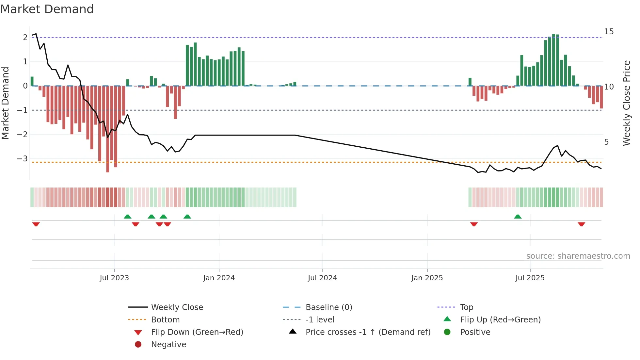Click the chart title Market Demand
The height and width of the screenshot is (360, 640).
pyautogui.click(x=47, y=9)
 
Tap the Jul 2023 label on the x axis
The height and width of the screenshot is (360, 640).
pyautogui.click(x=114, y=278)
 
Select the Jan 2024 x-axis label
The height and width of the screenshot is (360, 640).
pyautogui.click(x=219, y=278)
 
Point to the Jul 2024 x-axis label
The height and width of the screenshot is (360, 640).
pyautogui.click(x=322, y=278)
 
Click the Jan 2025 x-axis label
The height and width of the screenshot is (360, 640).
pyautogui.click(x=427, y=278)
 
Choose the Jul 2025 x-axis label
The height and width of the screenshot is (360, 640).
pyautogui.click(x=530, y=278)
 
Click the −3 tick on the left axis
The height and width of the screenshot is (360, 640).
pyautogui.click(x=23, y=159)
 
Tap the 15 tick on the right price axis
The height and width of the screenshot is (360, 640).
pyautogui.click(x=609, y=32)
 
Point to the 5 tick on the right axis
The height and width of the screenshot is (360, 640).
pyautogui.click(x=606, y=142)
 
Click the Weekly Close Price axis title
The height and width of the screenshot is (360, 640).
pyautogui.click(x=626, y=103)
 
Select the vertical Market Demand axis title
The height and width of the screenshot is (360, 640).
pyautogui.click(x=5, y=103)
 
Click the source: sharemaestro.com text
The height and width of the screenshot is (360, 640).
pyautogui.click(x=578, y=256)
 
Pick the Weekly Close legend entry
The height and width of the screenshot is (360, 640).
pyautogui.click(x=177, y=307)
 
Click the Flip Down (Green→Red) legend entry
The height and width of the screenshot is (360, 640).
pyautogui.click(x=197, y=332)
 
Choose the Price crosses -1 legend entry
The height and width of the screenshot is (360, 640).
pyautogui.click(x=368, y=332)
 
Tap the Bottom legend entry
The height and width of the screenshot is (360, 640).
pyautogui.click(x=165, y=320)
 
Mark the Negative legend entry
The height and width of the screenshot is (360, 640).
pyautogui.click(x=168, y=345)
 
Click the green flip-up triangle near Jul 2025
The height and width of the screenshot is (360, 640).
pyautogui.click(x=518, y=217)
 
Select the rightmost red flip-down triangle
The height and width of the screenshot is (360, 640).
pyautogui.click(x=581, y=224)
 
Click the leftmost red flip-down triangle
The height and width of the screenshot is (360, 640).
pyautogui.click(x=36, y=224)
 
